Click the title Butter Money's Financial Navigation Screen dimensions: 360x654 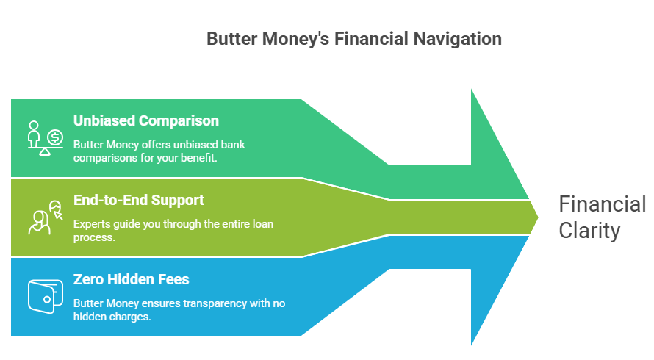(354, 39)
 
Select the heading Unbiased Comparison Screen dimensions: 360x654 (145, 120)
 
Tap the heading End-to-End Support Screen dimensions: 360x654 (138, 200)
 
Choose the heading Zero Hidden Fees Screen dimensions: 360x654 (131, 279)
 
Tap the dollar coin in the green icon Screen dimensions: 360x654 (55, 137)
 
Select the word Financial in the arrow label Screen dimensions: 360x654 (602, 204)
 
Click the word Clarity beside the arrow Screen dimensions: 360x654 (589, 231)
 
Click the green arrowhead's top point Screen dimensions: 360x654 (472, 91)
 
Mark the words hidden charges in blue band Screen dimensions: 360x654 (114, 317)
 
